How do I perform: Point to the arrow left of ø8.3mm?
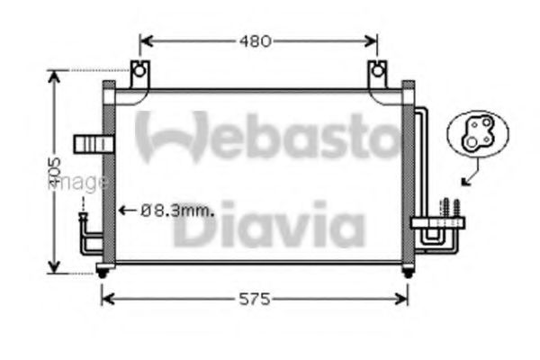coord(127,211)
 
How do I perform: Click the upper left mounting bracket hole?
coord(138,69)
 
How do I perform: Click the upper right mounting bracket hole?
coord(378,69)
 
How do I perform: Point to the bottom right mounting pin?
coord(408,272)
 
